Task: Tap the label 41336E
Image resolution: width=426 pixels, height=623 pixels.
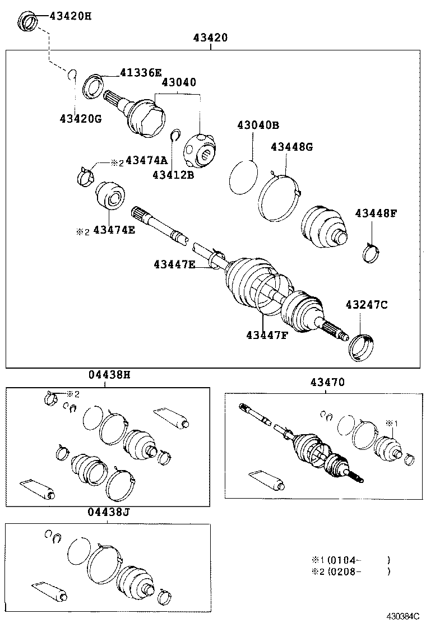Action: click(x=140, y=72)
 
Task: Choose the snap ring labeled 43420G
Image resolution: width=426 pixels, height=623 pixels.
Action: click(x=72, y=75)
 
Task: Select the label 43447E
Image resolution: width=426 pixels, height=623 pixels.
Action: click(x=174, y=264)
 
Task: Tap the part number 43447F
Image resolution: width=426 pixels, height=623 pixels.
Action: click(x=267, y=335)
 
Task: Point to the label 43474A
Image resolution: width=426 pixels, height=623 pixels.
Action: click(x=147, y=161)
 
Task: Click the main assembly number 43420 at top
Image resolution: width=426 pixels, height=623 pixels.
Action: click(x=210, y=38)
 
